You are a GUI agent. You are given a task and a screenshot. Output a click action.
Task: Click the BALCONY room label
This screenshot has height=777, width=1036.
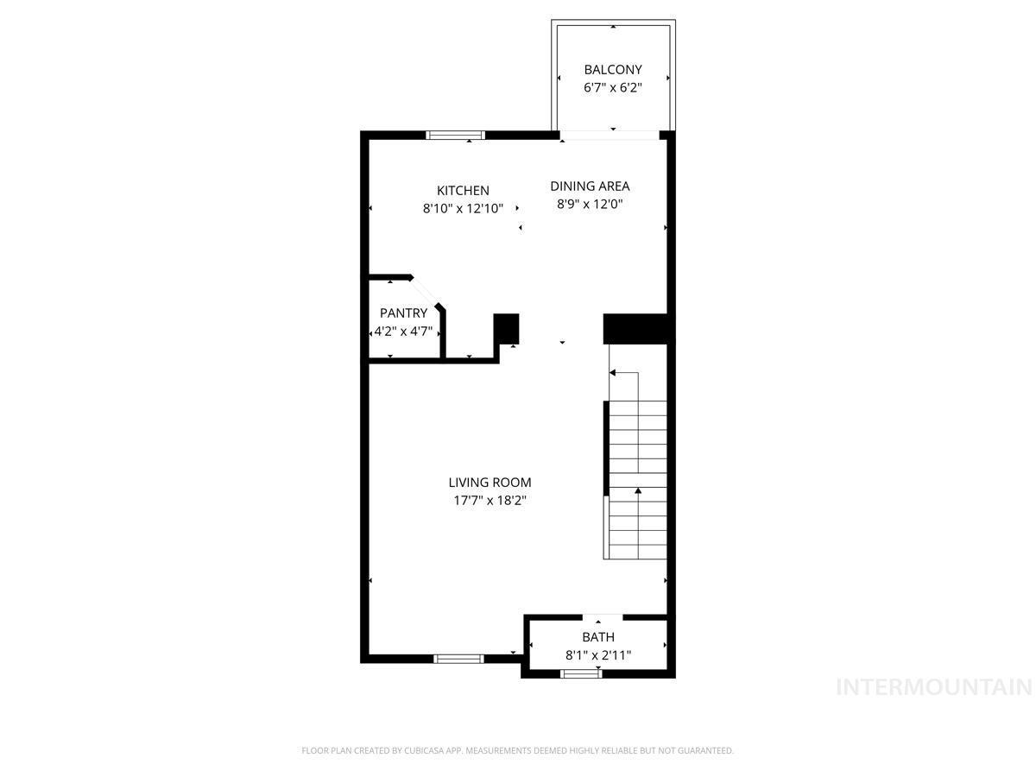613,70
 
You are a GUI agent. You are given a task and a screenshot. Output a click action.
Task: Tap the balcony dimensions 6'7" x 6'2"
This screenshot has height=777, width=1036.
613,88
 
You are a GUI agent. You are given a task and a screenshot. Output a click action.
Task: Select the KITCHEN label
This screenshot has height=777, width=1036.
463,191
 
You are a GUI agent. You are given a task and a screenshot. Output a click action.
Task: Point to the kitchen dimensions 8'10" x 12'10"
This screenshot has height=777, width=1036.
463,209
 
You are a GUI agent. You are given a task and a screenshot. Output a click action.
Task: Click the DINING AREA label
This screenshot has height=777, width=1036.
590,186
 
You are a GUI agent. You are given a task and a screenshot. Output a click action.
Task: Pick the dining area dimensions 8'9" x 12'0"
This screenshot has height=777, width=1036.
590,205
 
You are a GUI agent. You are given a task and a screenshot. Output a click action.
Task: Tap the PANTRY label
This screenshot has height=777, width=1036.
403,313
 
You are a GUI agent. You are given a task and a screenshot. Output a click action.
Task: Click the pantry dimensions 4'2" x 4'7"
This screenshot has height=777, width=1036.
403,332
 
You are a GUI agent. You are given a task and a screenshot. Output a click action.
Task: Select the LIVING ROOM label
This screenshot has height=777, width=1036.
490,483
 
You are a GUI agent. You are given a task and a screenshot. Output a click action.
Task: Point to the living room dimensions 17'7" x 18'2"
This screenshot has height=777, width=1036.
490,501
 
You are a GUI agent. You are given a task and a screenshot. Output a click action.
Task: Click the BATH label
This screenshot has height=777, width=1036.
598,637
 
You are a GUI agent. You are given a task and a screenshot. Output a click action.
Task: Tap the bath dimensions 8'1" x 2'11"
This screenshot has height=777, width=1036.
598,655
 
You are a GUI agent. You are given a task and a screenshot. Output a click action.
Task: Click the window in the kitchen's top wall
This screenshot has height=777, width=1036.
455,136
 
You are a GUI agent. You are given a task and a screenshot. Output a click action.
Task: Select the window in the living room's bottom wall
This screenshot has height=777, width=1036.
458,659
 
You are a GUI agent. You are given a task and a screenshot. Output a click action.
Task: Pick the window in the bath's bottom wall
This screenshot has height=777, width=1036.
580,673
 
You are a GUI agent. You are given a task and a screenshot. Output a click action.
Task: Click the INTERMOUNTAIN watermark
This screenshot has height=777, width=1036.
933,687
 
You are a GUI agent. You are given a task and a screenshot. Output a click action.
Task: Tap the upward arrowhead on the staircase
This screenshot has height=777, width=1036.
638,491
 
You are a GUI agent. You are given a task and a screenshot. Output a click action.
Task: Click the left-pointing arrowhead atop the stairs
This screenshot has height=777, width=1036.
612,373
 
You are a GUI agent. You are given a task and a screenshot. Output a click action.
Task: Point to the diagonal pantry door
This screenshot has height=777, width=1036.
426,292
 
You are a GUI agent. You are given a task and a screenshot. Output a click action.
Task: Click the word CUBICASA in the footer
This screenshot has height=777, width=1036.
424,750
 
